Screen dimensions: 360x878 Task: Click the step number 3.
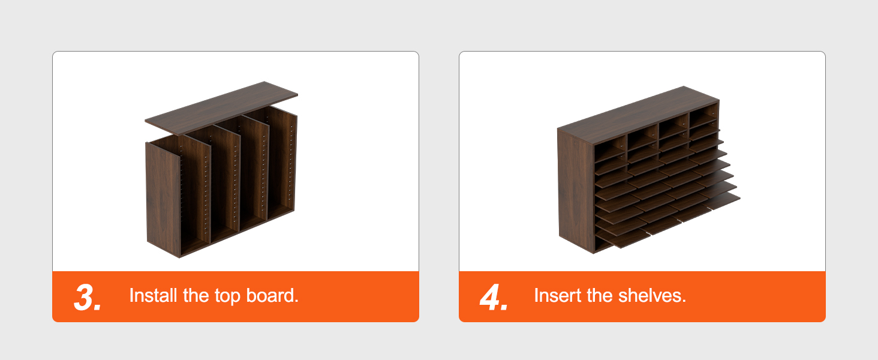[x=86, y=297]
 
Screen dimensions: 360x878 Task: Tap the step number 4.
[x=493, y=297]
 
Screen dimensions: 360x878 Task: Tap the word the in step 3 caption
[x=196, y=296]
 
